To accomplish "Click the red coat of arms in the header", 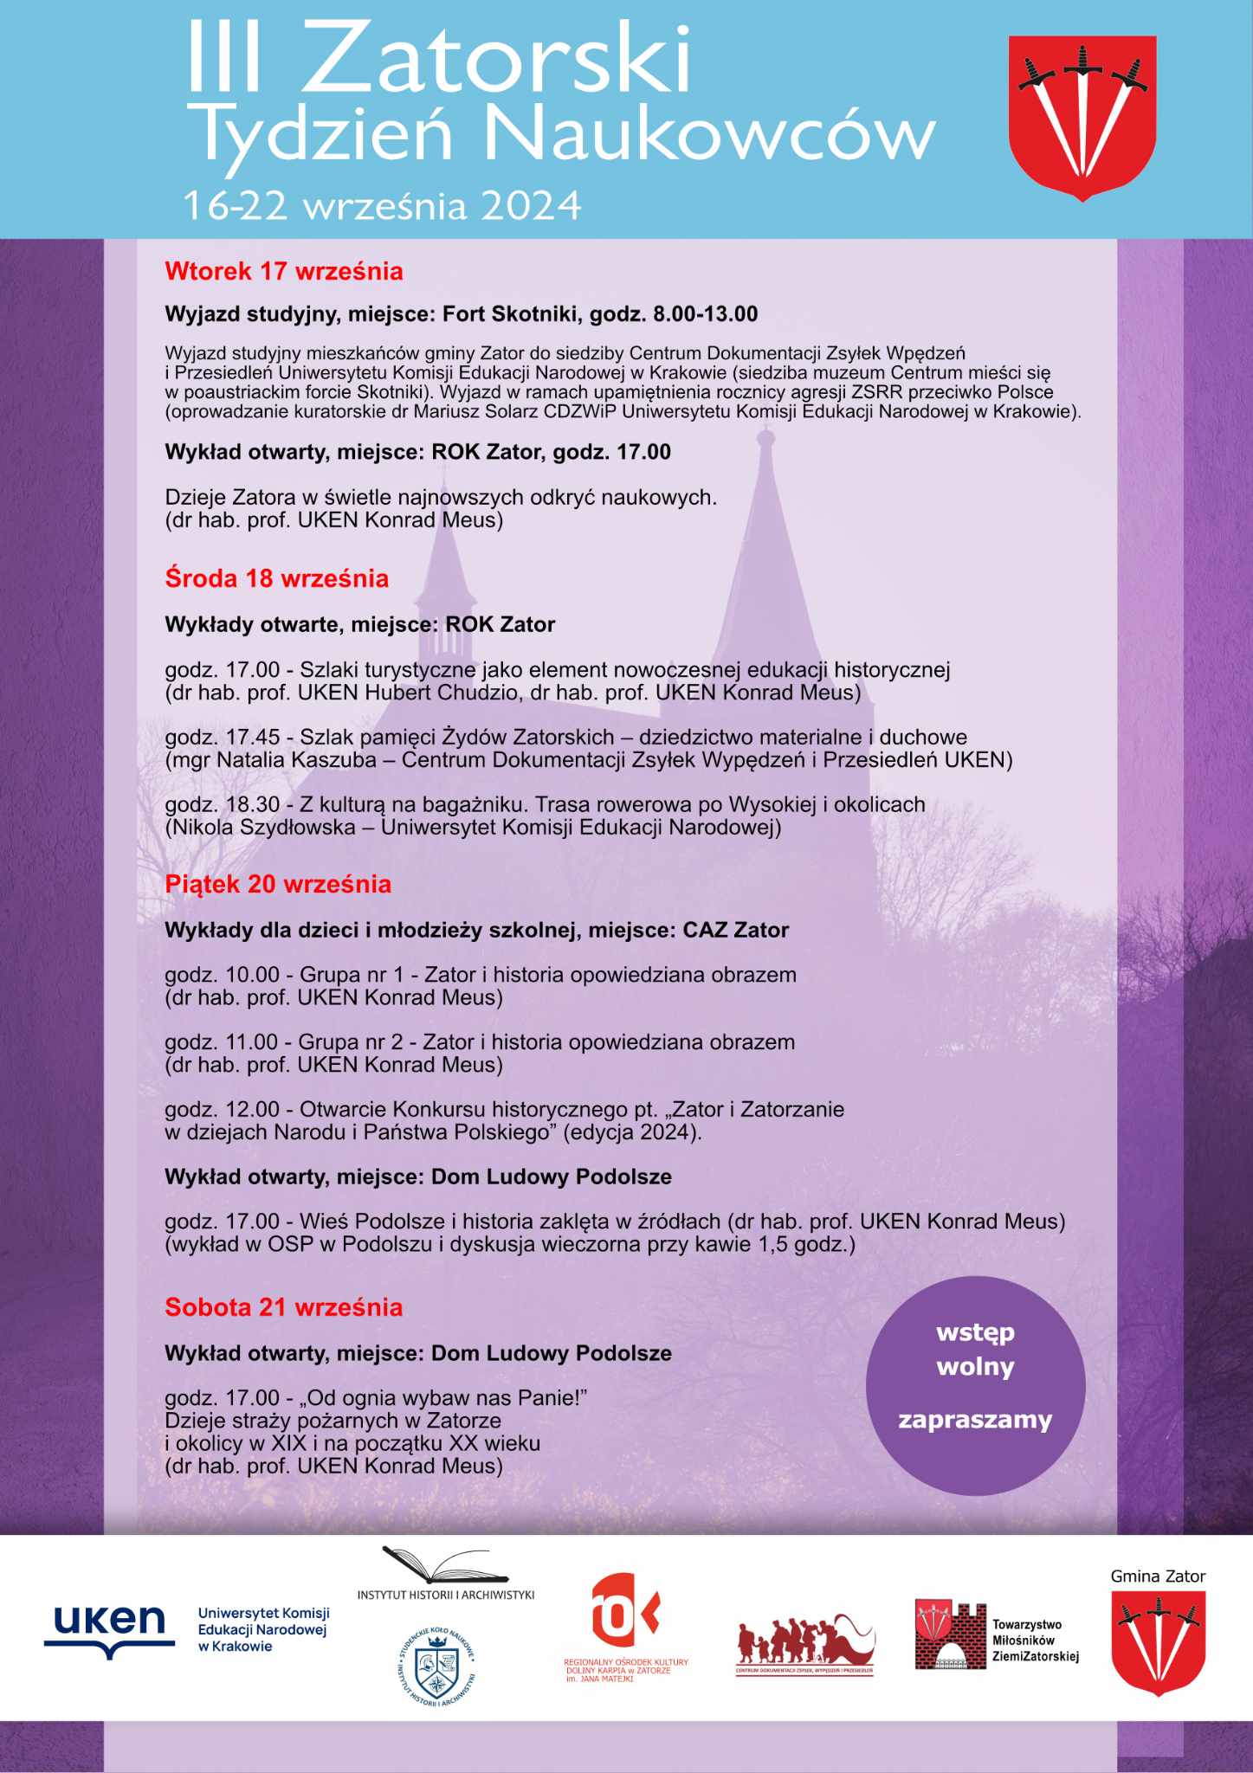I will tap(1082, 117).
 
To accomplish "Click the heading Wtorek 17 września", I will tap(284, 272).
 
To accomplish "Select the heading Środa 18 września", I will tap(276, 578).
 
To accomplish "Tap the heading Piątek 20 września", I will tap(278, 884).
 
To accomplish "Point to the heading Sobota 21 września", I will tap(283, 1307).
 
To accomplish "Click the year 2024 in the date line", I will tap(531, 206).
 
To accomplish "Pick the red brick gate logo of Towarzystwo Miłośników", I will tap(950, 1634).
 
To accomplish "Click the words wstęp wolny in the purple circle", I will tap(975, 1350).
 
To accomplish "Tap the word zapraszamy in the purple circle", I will tap(975, 1421).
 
